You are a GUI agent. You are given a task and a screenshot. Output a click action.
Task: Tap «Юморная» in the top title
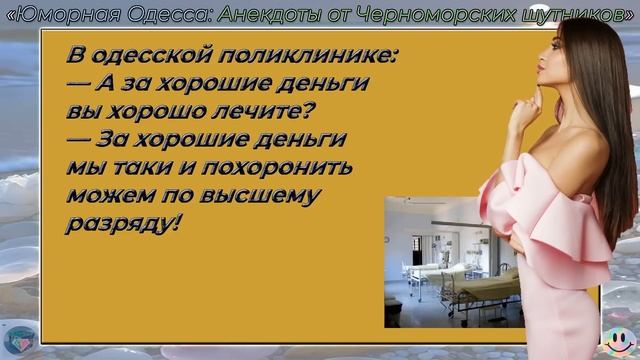69,13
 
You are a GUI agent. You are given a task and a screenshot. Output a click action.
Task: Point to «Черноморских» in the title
430,13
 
